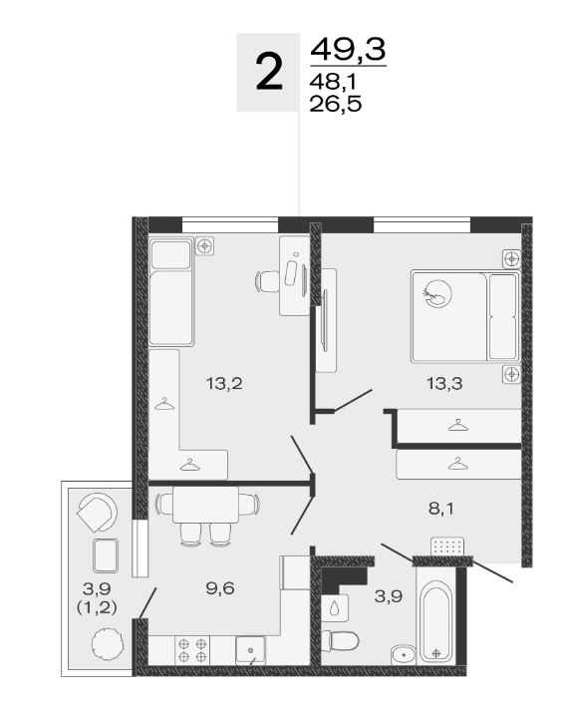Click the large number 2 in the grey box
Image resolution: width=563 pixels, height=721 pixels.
[269, 72]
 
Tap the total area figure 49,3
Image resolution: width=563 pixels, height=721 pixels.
[348, 49]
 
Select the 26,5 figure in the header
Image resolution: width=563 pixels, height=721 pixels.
[336, 104]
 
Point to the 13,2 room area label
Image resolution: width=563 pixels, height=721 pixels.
[224, 383]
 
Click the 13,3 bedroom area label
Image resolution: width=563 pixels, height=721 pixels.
[444, 383]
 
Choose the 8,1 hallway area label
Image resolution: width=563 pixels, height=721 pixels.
[440, 509]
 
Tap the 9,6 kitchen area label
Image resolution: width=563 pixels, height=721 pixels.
[220, 588]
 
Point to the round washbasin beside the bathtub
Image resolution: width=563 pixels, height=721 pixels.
[404, 654]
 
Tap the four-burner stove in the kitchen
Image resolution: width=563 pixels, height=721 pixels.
[192, 650]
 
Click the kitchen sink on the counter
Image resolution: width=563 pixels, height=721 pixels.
[250, 650]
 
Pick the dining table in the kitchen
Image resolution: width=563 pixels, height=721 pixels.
[205, 505]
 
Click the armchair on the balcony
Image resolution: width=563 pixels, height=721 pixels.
[98, 513]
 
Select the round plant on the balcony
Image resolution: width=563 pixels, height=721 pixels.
[107, 645]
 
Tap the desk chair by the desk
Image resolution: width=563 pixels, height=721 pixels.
[267, 281]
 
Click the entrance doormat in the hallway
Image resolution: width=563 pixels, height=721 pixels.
[447, 546]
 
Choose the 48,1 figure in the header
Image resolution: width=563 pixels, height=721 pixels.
[333, 83]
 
